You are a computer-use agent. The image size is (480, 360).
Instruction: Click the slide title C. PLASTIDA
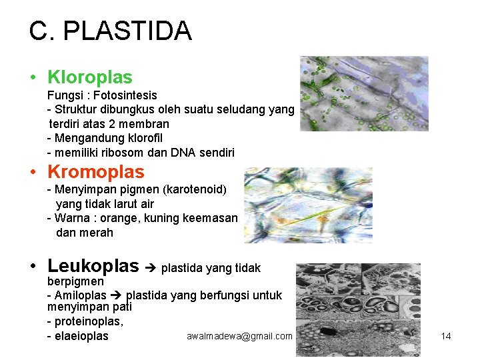(x=110, y=31)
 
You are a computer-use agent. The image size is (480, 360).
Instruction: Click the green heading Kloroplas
(x=89, y=77)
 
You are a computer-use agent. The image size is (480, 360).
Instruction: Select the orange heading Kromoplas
(x=95, y=172)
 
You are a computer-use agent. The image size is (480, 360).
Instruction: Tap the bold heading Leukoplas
(x=93, y=267)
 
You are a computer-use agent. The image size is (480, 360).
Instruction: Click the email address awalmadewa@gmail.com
(x=239, y=336)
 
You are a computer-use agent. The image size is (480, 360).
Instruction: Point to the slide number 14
(x=446, y=336)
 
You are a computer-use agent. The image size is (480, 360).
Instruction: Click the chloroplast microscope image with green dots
(x=363, y=93)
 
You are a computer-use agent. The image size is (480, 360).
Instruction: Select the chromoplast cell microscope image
(x=308, y=205)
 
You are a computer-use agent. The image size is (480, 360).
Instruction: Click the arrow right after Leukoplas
(x=150, y=268)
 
